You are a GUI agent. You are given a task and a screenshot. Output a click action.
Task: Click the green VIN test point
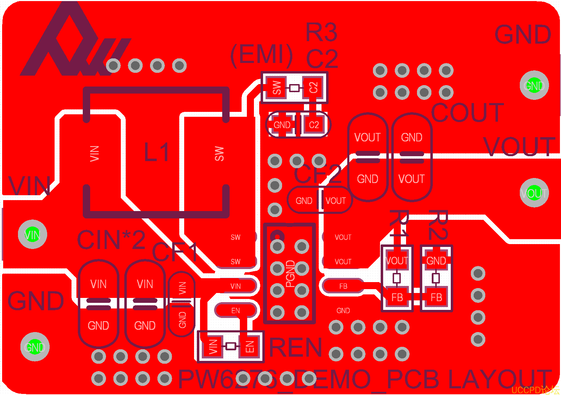click(32, 234)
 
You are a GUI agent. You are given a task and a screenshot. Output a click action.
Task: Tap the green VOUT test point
click(534, 193)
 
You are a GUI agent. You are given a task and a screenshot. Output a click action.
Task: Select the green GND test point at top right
click(534, 85)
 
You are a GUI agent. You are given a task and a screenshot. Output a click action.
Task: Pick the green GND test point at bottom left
click(35, 347)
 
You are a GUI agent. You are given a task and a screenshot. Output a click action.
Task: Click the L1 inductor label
click(157, 152)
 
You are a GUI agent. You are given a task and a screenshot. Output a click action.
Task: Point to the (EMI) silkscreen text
click(261, 55)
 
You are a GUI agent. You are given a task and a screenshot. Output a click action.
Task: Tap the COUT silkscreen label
click(467, 113)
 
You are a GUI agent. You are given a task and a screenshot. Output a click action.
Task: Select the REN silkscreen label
click(295, 348)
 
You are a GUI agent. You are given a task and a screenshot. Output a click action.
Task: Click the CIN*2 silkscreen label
click(111, 240)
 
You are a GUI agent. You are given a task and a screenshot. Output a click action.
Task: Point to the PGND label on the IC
click(290, 274)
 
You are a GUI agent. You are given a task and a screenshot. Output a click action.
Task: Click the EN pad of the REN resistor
click(250, 346)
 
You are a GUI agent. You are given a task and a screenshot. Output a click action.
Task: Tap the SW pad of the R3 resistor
click(277, 88)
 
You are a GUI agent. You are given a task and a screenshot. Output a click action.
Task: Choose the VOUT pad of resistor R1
click(397, 261)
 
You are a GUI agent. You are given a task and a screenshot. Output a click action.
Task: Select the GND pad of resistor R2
click(436, 261)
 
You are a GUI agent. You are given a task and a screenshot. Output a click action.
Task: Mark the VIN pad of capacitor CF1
click(182, 288)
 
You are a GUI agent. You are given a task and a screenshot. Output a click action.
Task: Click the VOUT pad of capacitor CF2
click(336, 200)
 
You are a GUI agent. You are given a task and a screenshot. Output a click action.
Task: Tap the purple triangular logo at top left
click(70, 42)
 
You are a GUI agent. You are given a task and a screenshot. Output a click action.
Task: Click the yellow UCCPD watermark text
click(535, 390)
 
